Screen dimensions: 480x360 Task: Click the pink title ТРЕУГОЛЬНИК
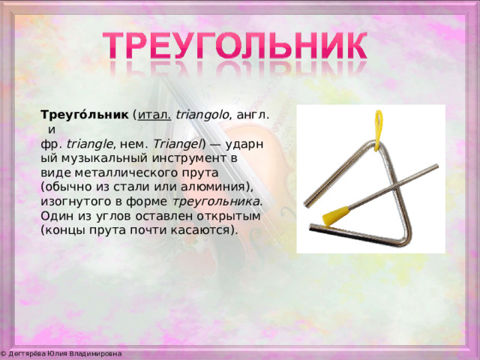pyautogui.click(x=235, y=45)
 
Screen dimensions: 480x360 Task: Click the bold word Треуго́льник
pyautogui.click(x=85, y=115)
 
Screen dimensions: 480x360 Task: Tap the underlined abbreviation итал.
pyautogui.click(x=154, y=115)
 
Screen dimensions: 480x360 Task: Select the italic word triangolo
pyautogui.click(x=202, y=115)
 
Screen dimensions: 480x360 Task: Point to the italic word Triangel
pyautogui.click(x=176, y=144)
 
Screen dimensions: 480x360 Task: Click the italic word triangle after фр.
pyautogui.click(x=89, y=145)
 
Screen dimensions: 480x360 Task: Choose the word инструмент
pyautogui.click(x=187, y=158)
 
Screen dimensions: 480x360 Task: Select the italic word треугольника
pyautogui.click(x=216, y=202)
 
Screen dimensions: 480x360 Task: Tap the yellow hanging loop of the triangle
pyautogui.click(x=378, y=130)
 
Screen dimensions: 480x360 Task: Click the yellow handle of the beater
pyautogui.click(x=336, y=216)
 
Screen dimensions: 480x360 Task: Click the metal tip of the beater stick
pyautogui.click(x=436, y=166)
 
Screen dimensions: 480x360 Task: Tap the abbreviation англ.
pyautogui.click(x=253, y=115)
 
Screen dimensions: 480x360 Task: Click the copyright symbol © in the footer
pyautogui.click(x=3, y=354)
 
